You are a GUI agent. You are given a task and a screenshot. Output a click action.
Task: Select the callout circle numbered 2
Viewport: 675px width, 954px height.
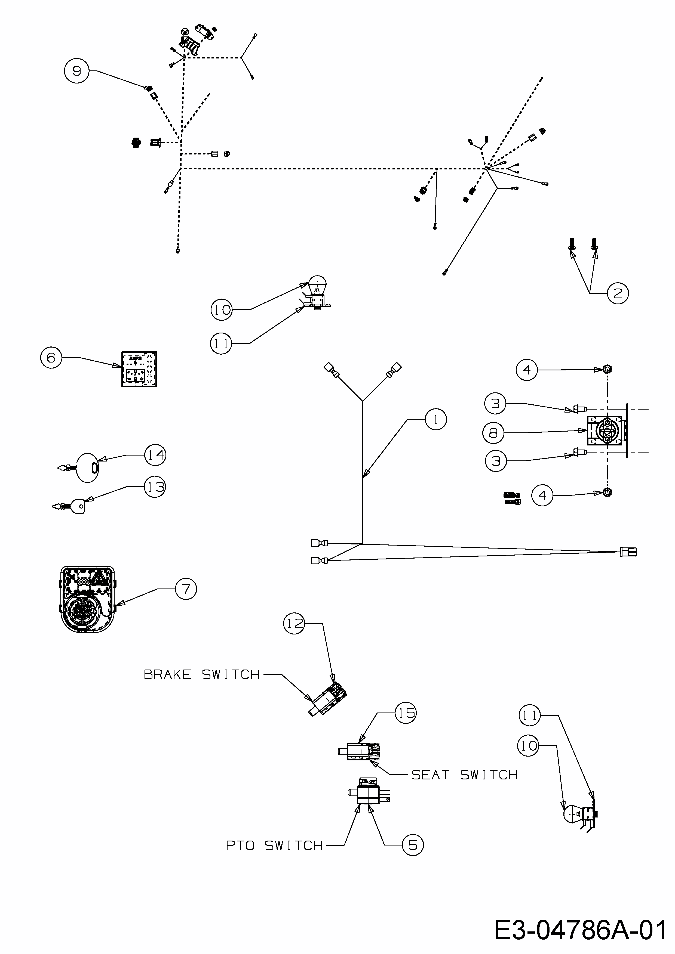coord(618,293)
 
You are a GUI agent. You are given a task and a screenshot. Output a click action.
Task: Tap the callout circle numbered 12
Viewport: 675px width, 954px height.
coord(294,623)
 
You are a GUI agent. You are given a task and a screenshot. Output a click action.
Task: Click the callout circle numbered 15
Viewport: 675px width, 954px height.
coord(406,713)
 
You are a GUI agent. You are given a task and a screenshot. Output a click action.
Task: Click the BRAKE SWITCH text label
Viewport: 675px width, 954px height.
coord(202,674)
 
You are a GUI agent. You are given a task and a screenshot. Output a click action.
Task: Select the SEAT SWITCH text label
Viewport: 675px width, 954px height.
coord(465,775)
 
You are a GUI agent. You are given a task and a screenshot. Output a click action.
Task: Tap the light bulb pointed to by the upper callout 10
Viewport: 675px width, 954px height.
coord(318,286)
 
